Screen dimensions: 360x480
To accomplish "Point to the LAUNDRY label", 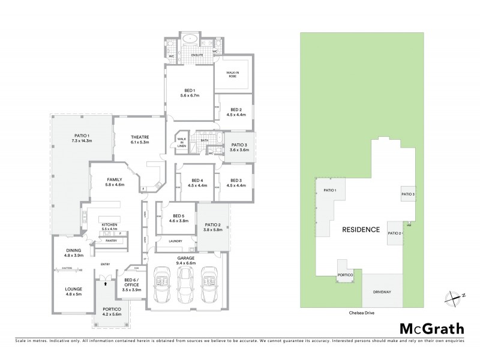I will pyautogui.click(x=176, y=241).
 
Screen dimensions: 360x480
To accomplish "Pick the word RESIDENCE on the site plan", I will pyautogui.click(x=361, y=230).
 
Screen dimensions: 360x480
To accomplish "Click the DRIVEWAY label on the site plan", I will pyautogui.click(x=382, y=293).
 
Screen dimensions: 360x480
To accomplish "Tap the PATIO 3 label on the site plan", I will pyautogui.click(x=408, y=194).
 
